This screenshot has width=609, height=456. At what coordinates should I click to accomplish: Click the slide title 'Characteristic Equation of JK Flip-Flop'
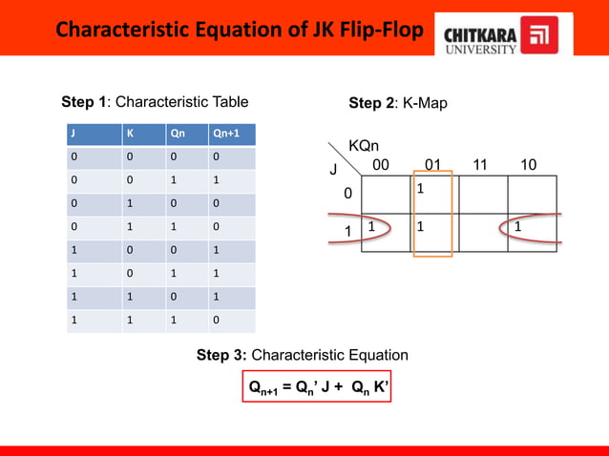(238, 31)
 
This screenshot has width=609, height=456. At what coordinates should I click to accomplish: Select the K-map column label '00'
(381, 165)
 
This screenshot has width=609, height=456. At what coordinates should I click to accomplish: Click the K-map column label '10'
(528, 165)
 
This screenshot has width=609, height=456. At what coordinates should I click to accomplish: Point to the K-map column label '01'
(432, 165)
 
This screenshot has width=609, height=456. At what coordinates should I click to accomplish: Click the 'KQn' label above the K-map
(363, 146)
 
